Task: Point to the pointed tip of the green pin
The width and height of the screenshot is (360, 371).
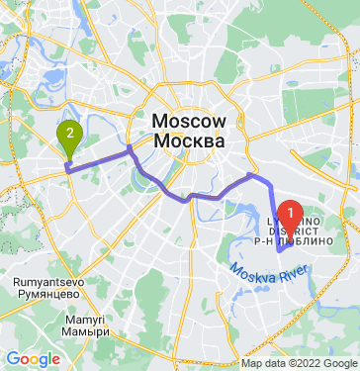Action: (x=69, y=158)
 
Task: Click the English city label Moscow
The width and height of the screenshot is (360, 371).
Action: (x=190, y=121)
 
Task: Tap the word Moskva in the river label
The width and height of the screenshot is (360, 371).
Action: (x=251, y=270)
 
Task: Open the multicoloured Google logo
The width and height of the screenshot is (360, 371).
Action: (x=33, y=359)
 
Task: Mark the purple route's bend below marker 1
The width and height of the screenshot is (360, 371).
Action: (x=281, y=251)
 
